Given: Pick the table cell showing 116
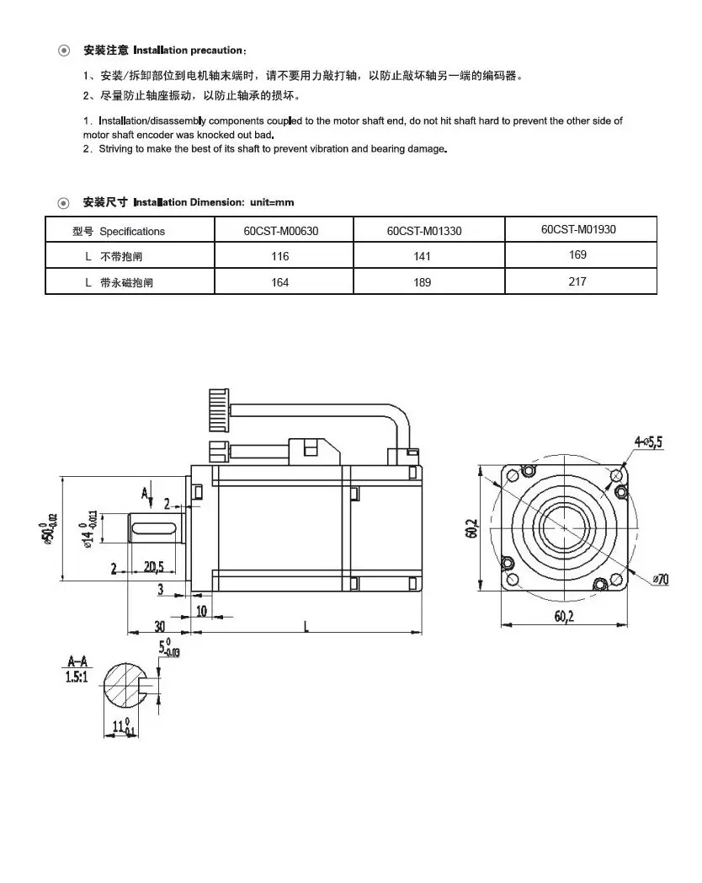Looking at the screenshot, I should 280,256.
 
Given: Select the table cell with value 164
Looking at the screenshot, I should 280,282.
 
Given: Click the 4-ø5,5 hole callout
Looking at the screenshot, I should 649,441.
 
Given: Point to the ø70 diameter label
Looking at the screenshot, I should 661,579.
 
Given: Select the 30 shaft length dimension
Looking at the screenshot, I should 159,625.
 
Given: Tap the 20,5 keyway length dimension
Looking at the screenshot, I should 154,567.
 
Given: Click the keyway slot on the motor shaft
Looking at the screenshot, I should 155,528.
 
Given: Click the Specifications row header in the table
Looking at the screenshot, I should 132,231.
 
